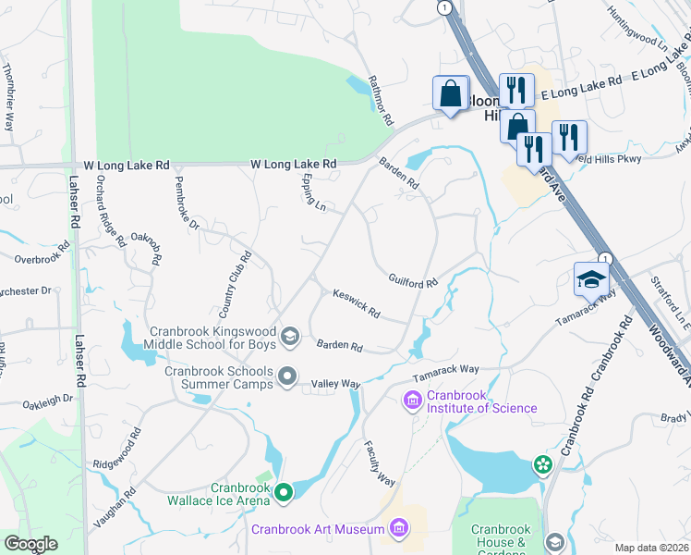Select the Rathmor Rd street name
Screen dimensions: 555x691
381,101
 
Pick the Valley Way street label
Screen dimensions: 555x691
335,383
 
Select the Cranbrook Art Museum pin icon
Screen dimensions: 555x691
399,528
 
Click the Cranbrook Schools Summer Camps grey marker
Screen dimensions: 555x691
287,376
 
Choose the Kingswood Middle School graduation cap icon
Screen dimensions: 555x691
289,336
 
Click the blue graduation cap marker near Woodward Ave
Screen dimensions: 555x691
591,277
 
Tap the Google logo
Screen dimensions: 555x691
30,544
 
